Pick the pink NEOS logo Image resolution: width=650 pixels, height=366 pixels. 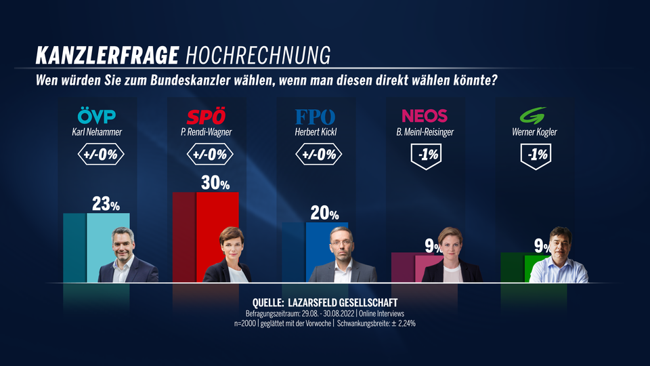pos(425,116)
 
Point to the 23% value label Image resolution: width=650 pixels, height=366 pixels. pos(106,205)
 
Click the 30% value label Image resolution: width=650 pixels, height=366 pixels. pos(215,183)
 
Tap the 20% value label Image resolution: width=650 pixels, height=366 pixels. pos(324,213)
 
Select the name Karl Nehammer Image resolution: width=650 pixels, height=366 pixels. pos(97,132)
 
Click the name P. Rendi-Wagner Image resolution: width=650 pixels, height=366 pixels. pos(208,132)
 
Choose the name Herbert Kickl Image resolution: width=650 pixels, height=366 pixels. pos(316,132)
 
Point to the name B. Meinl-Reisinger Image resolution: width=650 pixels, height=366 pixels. pos(425,132)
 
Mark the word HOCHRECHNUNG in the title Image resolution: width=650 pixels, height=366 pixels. pos(257,54)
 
